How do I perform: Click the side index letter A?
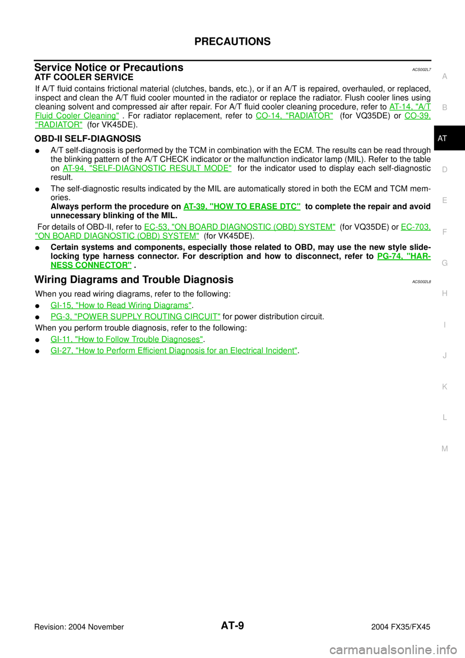445,77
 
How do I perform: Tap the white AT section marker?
442,139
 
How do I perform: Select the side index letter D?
445,170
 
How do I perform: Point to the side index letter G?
445,263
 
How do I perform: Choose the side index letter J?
445,356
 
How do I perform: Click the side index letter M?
445,449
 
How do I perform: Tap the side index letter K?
445,387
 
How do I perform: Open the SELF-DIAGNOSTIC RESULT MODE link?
147,168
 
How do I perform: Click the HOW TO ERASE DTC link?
242,206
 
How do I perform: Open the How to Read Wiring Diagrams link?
121,305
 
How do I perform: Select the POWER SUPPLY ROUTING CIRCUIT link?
136,316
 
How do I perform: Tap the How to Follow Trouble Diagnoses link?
127,339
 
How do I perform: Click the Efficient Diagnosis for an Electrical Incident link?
174,350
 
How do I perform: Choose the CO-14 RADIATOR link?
294,116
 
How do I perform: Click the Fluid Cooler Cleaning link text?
77,116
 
